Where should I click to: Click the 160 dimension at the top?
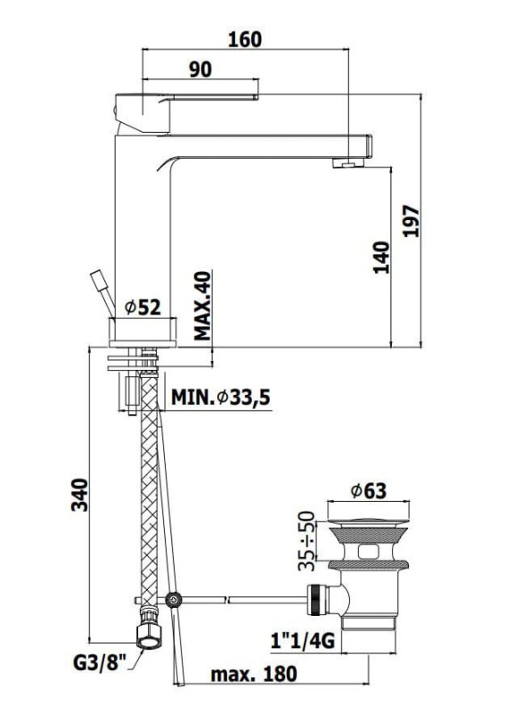pyautogui.click(x=244, y=39)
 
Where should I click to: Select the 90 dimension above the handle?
pyautogui.click(x=200, y=70)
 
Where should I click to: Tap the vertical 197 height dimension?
pyautogui.click(x=412, y=221)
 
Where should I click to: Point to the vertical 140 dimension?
pyautogui.click(x=381, y=258)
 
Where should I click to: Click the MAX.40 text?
pyautogui.click(x=202, y=306)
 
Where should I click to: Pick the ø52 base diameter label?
pyautogui.click(x=143, y=307)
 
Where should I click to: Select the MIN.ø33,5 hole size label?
pyautogui.click(x=221, y=397)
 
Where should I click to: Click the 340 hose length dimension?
pyautogui.click(x=79, y=495)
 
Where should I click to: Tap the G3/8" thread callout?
pyautogui.click(x=100, y=662)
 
